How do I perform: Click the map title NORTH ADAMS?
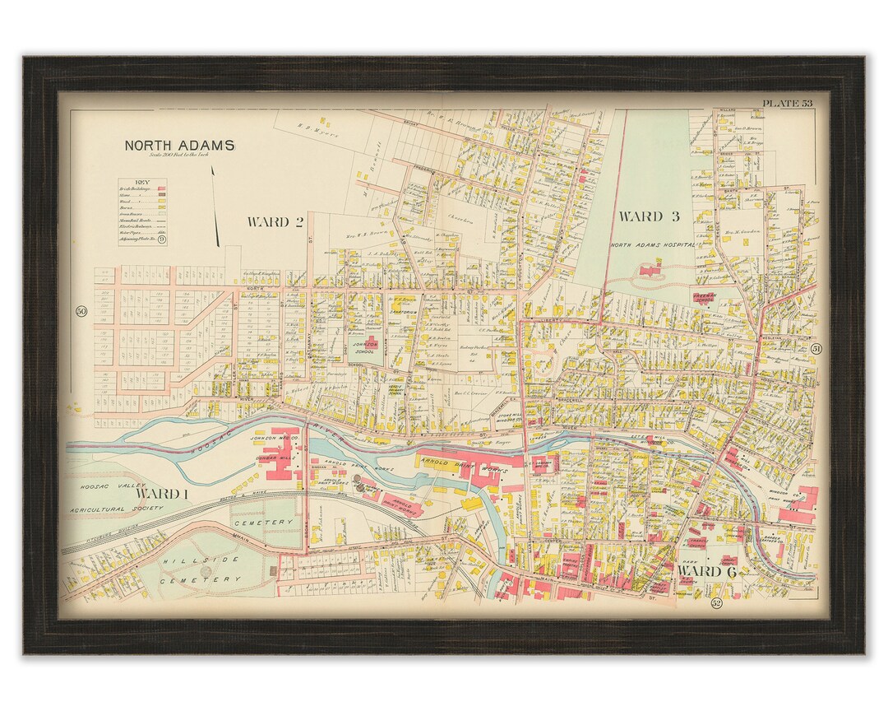click(179, 145)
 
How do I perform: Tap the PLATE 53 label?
click(786, 103)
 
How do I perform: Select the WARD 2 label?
click(275, 221)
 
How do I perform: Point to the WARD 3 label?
click(649, 216)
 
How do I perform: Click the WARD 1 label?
click(162, 493)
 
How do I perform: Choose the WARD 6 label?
click(706, 571)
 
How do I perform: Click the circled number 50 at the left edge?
click(81, 311)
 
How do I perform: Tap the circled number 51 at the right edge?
click(816, 349)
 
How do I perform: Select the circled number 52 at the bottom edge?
click(715, 604)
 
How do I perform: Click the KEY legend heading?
click(142, 183)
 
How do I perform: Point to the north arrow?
click(215, 206)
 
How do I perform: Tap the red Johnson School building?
click(370, 343)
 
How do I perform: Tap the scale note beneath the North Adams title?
click(178, 155)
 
